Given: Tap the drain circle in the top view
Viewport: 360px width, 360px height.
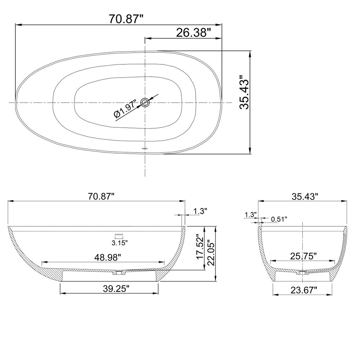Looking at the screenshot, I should point(145,102).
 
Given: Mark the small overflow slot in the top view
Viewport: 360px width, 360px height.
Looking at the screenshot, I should point(144,149).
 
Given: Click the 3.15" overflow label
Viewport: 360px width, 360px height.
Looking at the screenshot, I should point(119,242).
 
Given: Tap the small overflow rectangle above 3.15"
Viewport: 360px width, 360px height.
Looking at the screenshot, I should point(119,234).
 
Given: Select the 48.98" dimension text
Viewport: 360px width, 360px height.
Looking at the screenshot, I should point(108,257).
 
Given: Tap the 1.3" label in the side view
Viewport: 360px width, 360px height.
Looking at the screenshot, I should point(200,211).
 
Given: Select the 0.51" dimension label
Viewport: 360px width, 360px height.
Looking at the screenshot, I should point(279,219).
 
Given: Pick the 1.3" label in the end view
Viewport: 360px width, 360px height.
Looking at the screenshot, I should point(251,214).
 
